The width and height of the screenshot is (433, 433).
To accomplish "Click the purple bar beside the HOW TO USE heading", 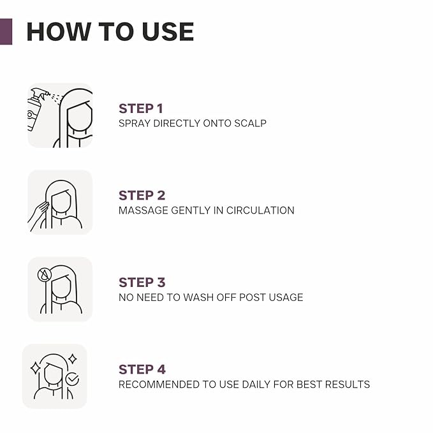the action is tap(6, 31).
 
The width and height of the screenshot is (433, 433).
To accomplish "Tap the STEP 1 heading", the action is tap(141, 108).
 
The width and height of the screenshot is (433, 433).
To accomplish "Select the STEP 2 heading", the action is tap(142, 196).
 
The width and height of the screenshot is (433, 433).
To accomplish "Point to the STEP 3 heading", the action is tap(142, 283).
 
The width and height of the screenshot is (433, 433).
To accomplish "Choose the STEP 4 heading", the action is tap(142, 369).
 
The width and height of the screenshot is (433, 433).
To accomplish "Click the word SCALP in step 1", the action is tap(250, 124).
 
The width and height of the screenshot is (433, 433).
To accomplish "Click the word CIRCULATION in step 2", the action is tap(260, 210).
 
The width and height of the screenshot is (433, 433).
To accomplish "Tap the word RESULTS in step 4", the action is tap(348, 385).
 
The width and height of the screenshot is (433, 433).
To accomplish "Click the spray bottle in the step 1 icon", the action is tap(36, 109).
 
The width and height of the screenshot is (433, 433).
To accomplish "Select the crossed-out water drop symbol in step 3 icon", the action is tap(45, 275).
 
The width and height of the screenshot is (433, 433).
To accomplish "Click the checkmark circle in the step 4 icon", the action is tap(72, 379).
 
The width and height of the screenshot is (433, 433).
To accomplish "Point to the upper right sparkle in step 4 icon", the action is tap(73, 359).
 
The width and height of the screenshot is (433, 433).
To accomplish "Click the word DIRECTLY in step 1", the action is tap(177, 124).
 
